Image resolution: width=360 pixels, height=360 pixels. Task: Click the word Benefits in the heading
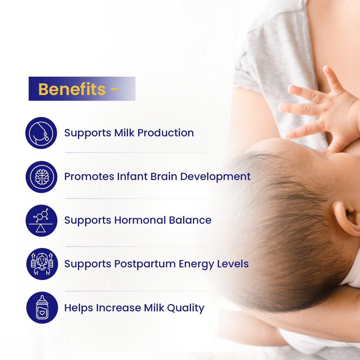[72, 89]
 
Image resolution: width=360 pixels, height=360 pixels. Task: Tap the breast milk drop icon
[41, 133]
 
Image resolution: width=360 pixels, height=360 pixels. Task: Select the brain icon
[41, 177]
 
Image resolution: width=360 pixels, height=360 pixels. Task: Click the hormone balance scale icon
[41, 220]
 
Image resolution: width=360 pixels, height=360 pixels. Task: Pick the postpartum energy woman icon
[42, 264]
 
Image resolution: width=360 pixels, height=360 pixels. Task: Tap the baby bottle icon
[42, 308]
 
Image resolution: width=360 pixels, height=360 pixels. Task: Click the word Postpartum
[145, 264]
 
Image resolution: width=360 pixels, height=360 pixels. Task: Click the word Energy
[196, 264]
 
